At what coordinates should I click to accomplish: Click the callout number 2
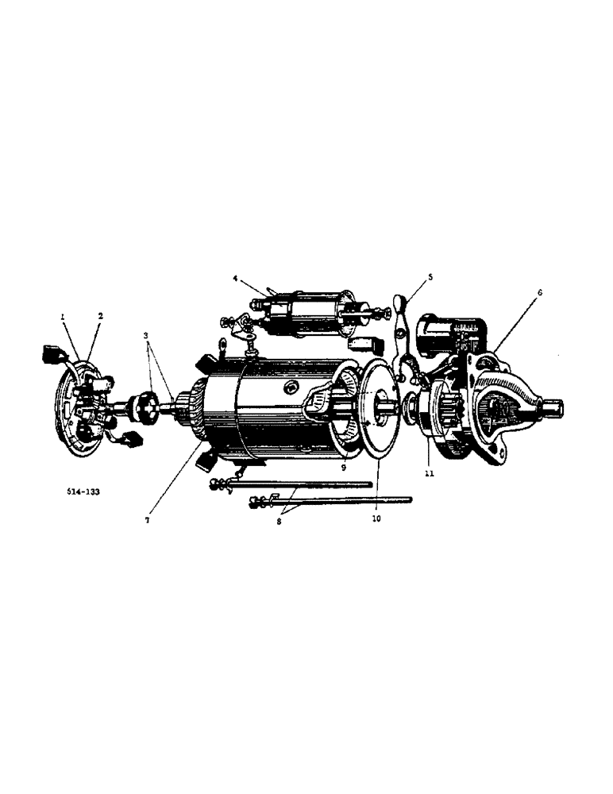(101, 316)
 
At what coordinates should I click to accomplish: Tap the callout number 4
(236, 279)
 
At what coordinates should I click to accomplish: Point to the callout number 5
(430, 277)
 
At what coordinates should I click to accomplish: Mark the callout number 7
(146, 520)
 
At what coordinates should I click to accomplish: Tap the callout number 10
(376, 518)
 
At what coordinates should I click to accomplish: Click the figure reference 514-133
(83, 491)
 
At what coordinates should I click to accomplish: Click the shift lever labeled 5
(406, 333)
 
